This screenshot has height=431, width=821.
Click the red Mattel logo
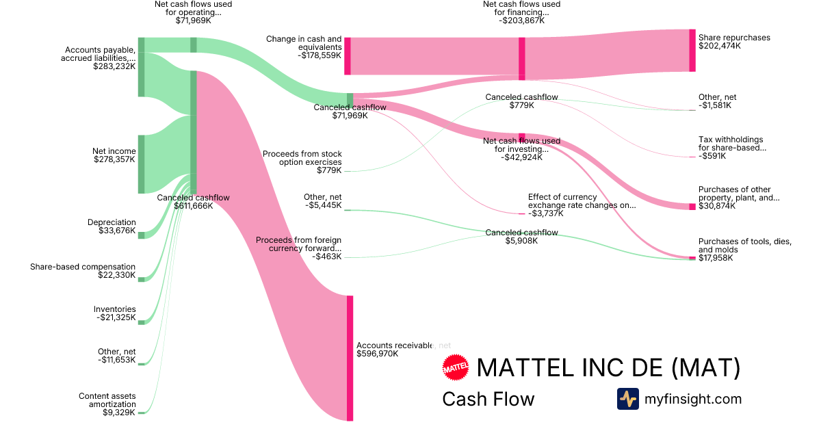(456, 368)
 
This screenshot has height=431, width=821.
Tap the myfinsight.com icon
(627, 399)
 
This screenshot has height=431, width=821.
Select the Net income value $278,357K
(114, 159)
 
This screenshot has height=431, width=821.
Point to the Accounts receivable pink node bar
(350, 357)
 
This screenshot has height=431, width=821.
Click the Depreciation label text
(112, 222)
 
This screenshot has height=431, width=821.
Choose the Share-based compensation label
(83, 267)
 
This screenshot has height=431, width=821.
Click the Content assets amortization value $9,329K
(119, 413)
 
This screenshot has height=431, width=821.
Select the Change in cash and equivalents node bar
(348, 55)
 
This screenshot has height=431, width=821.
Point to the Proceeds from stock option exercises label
(302, 158)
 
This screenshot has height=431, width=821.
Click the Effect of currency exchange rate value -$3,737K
(546, 213)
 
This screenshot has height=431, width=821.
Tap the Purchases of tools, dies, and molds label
(745, 246)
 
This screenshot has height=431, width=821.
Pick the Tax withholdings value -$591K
(712, 156)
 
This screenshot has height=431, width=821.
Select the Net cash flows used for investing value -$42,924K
(521, 157)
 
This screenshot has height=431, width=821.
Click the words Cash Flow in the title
(488, 399)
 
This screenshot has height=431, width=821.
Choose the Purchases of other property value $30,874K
(717, 206)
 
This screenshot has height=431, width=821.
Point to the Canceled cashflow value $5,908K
(521, 241)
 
